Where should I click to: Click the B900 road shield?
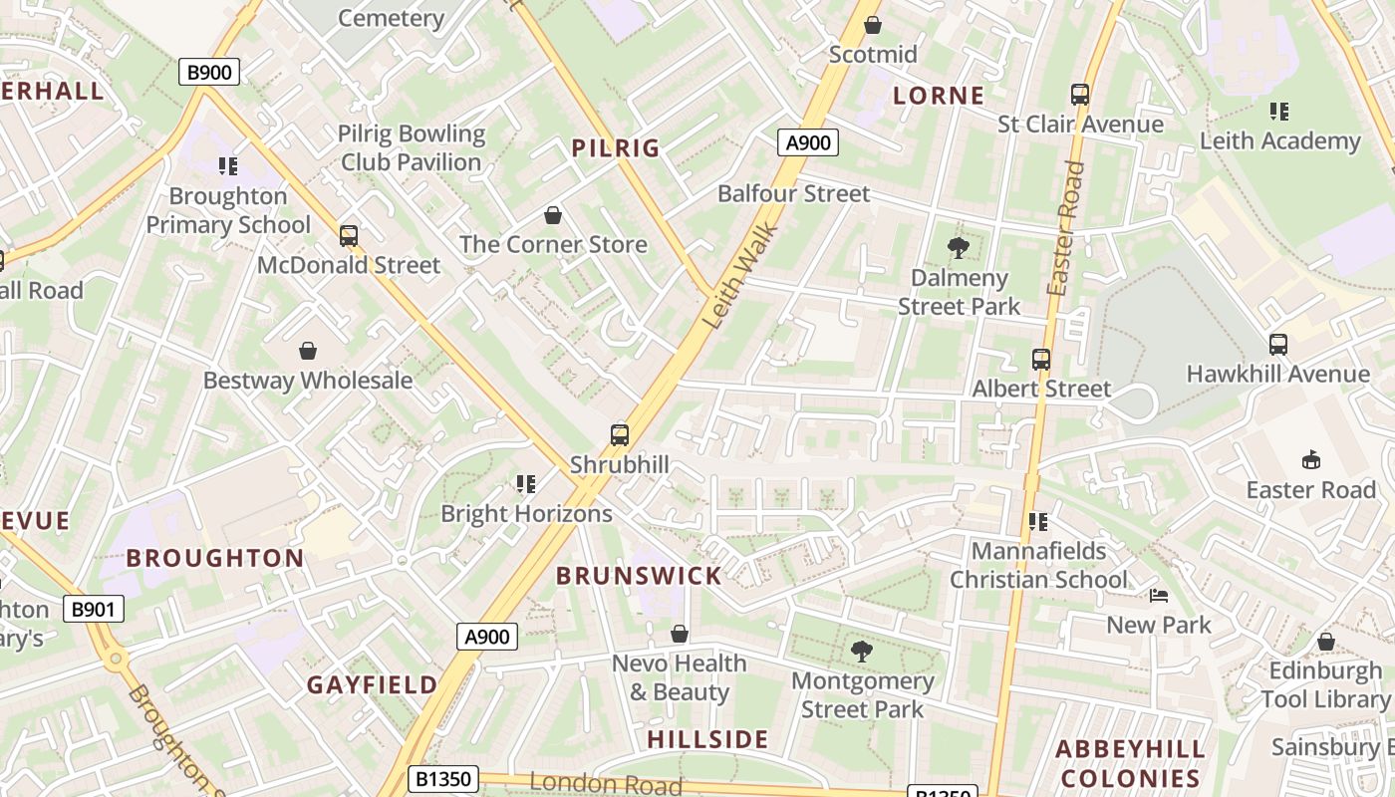point(209,72)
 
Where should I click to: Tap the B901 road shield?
point(93,609)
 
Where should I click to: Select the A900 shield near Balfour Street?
point(807,142)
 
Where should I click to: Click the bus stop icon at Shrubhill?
point(620,435)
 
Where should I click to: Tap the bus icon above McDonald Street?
point(349,236)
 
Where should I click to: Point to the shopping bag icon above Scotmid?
point(873,25)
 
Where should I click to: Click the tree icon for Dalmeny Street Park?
point(959,248)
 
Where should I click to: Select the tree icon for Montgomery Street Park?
point(862,652)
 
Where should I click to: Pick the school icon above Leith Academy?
point(1279,112)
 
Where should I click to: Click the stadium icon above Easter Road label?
point(1311,460)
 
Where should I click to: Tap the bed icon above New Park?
point(1159,596)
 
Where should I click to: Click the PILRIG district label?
point(616,148)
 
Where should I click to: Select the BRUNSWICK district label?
point(639,576)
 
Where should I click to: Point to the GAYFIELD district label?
point(372,685)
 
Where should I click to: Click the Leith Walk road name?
point(740,277)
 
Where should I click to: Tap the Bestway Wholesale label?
point(308,381)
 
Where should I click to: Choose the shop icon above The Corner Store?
point(553,215)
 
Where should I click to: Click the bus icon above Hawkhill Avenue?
point(1278,345)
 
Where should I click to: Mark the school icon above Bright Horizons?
point(526,484)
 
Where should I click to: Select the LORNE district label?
point(939,96)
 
